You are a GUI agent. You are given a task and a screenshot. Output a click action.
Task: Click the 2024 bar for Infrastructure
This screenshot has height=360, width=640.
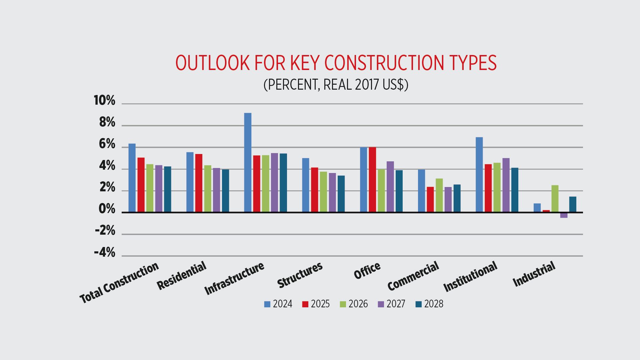(248, 162)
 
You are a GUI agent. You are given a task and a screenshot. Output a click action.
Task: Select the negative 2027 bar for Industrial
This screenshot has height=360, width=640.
(564, 215)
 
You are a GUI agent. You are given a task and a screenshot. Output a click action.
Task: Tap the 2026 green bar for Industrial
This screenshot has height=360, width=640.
(555, 199)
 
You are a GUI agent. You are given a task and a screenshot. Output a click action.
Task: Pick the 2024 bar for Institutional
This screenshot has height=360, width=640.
(479, 175)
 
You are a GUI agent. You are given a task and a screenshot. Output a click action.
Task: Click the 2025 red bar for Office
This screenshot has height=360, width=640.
(372, 180)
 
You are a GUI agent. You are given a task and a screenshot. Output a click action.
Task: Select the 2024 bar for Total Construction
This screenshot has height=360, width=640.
(132, 178)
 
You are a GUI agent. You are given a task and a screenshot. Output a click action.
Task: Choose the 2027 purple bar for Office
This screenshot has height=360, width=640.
(390, 187)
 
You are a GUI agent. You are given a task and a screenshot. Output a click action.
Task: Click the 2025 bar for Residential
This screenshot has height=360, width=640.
(199, 183)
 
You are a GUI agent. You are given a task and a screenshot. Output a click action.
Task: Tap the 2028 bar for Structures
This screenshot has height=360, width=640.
(341, 194)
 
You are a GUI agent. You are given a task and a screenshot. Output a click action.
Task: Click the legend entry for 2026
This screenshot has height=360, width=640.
(354, 304)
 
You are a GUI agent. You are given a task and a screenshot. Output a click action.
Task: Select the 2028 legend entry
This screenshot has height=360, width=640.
(429, 304)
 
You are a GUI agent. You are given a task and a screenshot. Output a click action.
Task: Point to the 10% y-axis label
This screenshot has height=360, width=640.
(104, 101)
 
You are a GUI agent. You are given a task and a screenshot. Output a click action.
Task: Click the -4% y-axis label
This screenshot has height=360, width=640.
(105, 253)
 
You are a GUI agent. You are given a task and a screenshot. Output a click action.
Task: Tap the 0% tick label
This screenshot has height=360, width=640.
(107, 209)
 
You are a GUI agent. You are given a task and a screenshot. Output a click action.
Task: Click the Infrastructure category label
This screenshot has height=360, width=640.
(234, 279)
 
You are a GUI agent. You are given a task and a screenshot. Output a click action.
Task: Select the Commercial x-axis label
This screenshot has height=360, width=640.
(413, 276)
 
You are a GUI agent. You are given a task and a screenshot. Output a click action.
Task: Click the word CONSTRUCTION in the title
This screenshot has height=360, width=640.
(384, 63)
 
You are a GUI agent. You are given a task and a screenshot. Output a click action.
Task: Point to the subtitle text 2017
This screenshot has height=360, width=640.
(367, 85)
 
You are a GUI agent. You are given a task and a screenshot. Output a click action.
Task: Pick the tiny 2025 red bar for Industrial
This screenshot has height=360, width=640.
(546, 211)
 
